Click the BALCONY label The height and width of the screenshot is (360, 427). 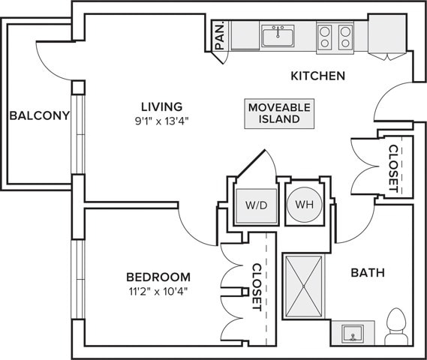click(39, 115)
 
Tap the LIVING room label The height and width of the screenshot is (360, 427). click(161, 106)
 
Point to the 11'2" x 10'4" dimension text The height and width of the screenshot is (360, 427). click(158, 291)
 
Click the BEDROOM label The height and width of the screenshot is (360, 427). click(158, 276)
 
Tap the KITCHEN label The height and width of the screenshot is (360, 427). click(317, 76)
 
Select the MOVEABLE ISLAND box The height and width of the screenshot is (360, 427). click(279, 113)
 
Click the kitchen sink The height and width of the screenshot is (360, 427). click(278, 35)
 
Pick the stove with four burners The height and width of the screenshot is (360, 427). click(335, 36)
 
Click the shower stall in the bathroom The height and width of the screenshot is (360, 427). click(304, 286)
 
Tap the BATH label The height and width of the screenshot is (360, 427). click(367, 273)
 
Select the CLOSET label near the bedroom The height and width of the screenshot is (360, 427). click(257, 287)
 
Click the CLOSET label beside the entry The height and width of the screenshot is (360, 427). click(393, 168)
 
